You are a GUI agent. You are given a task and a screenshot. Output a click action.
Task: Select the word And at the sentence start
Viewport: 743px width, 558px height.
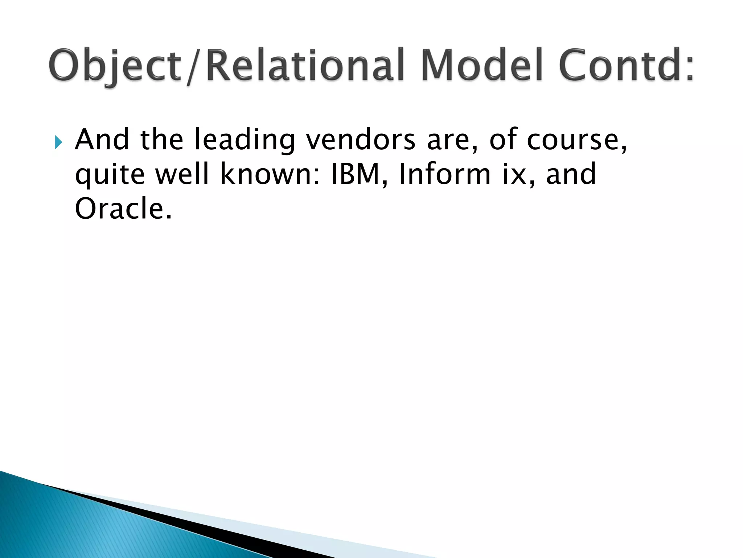pyautogui.click(x=102, y=139)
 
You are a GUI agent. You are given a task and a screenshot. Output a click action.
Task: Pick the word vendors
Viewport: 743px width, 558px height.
pyautogui.click(x=361, y=139)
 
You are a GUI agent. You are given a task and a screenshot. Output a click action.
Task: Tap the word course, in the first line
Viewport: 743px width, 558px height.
pyautogui.click(x=577, y=140)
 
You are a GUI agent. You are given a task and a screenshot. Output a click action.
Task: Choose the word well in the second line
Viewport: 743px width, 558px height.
pyautogui.click(x=182, y=174)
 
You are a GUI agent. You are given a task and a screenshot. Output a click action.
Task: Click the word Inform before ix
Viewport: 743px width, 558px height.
pyautogui.click(x=445, y=174)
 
